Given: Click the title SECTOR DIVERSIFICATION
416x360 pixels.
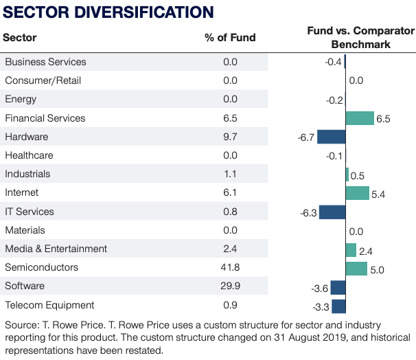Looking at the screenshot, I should coord(108,12).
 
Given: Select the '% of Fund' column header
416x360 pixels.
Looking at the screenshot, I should coord(230,37).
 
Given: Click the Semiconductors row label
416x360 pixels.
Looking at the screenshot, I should coord(41,267).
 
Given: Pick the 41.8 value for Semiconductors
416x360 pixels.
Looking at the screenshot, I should coord(230,267).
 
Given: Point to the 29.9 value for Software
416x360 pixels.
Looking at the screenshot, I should coord(230,286).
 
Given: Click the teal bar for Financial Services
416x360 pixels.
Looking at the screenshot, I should coord(360,118).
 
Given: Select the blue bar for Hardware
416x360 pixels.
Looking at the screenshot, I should coord(331,137).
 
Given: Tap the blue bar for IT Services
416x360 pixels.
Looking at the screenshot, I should coord(332,212).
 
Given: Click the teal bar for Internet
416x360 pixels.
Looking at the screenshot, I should coord(357,193).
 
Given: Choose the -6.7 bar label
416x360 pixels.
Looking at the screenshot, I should coord(305,137).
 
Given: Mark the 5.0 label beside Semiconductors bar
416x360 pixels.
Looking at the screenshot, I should coord(377,269).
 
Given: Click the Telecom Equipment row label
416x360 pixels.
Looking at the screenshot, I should coord(49,304).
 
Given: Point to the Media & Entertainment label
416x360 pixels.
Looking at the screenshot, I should coord(56,249).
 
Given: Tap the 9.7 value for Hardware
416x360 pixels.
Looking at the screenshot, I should coord(230,137).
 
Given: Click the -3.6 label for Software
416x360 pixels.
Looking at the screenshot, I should coord(319,288).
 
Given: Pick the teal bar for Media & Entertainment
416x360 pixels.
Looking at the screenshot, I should coord(351,249).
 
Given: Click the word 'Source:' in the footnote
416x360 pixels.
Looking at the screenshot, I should coord(22,324).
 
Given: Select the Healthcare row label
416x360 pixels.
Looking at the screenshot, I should coord(29,155).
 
